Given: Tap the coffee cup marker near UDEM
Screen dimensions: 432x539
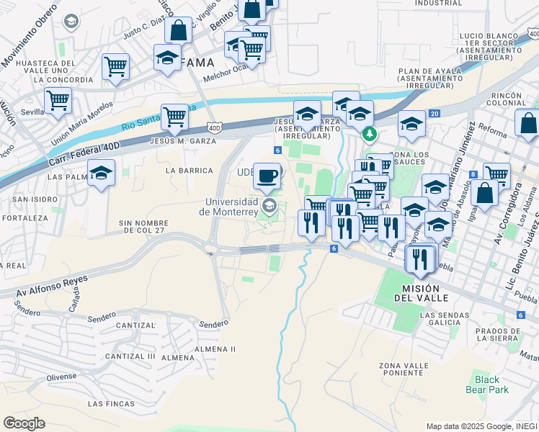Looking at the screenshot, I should click(x=268, y=176).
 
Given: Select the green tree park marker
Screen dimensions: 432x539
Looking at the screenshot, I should click(x=369, y=134).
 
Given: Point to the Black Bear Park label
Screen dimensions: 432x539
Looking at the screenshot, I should click(x=491, y=384).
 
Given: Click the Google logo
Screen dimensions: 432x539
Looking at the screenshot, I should click(x=24, y=423).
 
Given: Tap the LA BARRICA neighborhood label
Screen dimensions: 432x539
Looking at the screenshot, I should click(x=189, y=171).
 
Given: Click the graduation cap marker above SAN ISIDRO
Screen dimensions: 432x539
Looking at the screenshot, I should click(x=102, y=174).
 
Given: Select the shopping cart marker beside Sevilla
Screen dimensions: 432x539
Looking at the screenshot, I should click(x=58, y=101).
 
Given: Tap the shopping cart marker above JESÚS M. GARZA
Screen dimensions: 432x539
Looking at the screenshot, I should click(x=174, y=117).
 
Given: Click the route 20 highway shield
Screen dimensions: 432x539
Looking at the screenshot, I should click(x=434, y=114).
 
